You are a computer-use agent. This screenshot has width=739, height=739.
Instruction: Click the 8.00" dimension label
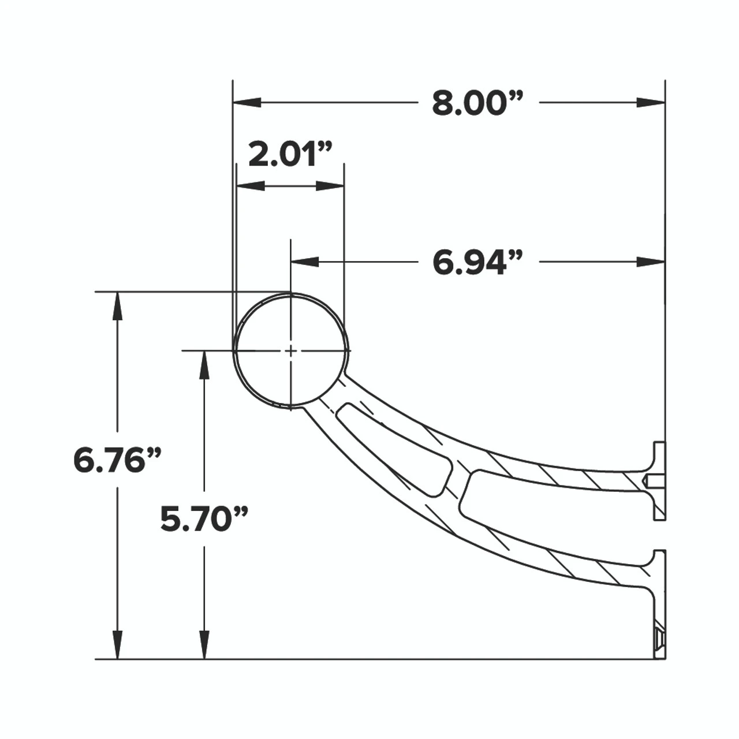click(477, 104)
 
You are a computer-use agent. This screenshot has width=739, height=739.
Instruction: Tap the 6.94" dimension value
click(477, 263)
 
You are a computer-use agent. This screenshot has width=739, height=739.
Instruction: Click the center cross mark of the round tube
click(291, 350)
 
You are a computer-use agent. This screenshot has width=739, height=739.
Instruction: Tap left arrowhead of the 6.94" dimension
click(305, 262)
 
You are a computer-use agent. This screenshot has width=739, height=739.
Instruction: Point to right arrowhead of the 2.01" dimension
click(331, 186)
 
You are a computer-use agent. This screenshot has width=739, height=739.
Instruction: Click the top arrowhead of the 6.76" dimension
click(118, 306)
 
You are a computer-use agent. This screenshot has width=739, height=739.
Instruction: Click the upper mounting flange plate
click(659, 480)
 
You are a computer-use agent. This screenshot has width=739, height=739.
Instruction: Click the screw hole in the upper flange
click(652, 480)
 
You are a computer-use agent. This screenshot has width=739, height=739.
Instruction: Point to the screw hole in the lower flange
click(659, 639)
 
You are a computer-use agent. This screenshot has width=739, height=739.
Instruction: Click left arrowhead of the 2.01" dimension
click(251, 186)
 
